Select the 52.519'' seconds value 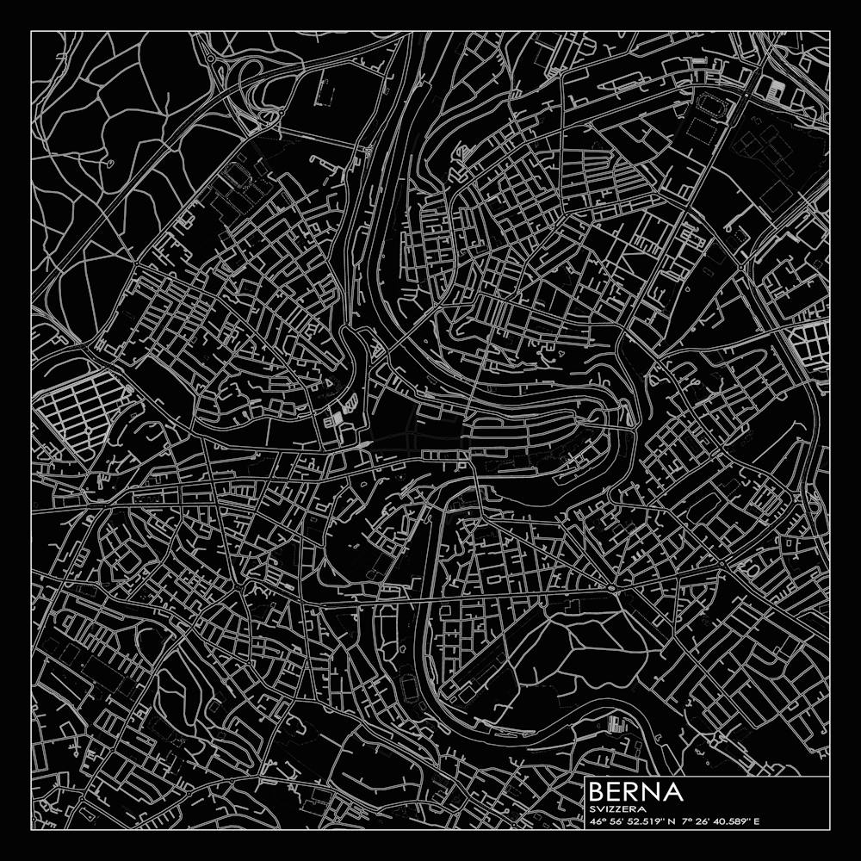pos(650,821)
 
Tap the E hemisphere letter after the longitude pos(757,821)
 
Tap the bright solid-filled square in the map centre pos(338,417)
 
